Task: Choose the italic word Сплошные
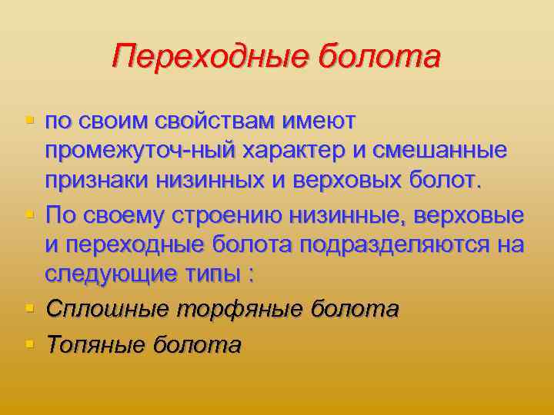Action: point(108,309)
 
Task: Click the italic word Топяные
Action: point(96,344)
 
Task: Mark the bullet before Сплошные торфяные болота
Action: point(30,307)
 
